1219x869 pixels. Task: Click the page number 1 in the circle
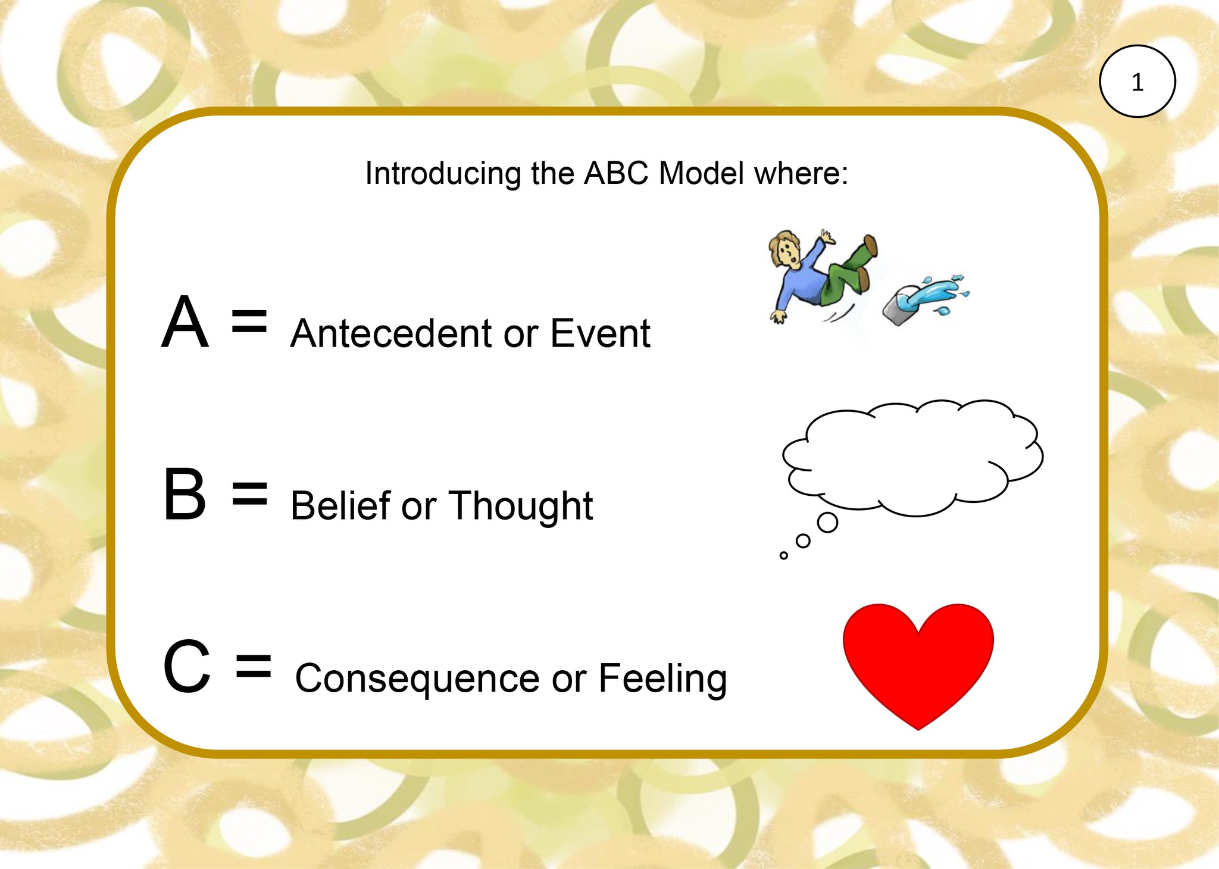point(1137,82)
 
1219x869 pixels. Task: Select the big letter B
point(185,493)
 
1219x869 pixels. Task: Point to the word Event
point(600,333)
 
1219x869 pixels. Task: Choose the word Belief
point(340,505)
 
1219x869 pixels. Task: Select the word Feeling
point(662,679)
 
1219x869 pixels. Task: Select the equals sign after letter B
point(249,493)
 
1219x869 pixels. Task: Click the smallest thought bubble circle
point(783,555)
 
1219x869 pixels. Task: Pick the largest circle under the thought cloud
point(827,523)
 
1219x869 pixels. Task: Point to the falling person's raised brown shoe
point(870,245)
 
